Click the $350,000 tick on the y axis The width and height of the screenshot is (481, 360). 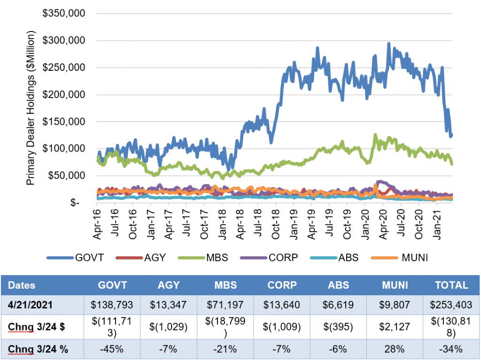tap(63, 14)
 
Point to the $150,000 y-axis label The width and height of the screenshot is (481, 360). tap(63, 122)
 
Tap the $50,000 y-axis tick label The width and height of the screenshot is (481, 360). tap(66, 176)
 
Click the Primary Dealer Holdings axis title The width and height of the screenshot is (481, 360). tap(31, 108)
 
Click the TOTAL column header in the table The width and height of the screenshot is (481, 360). tap(451, 285)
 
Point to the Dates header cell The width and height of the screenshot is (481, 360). tap(22, 285)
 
